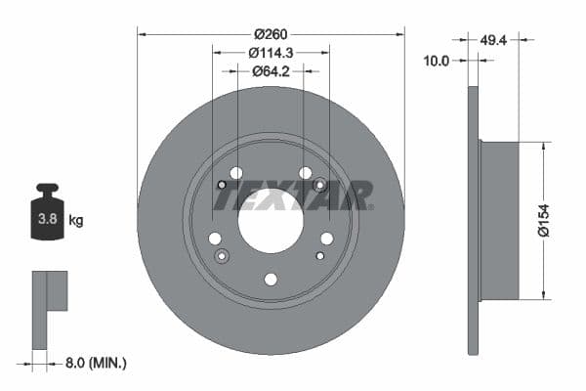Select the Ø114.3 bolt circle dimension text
(271, 52)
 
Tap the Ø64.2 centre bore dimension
(271, 70)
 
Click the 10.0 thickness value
(437, 61)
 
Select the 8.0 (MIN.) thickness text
(94, 363)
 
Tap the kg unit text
(76, 221)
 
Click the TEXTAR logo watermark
(292, 195)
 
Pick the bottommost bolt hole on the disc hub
(271, 280)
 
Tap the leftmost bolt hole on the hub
(215, 239)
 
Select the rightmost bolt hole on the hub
(327, 239)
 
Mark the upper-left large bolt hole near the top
(235, 173)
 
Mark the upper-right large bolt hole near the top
(306, 173)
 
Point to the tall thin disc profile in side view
(474, 220)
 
